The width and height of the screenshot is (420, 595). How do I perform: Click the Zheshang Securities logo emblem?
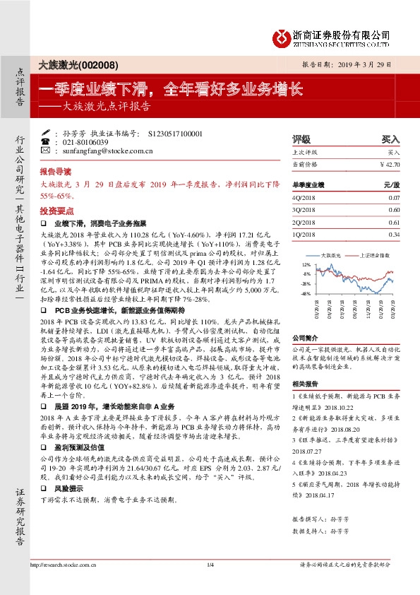pos(282,36)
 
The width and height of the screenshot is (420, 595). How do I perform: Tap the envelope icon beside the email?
pos(45,150)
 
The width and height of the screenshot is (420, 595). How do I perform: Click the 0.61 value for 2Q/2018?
pos(394,222)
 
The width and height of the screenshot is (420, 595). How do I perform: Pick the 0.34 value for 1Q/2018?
pos(394,234)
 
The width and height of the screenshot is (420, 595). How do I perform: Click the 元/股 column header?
pos(392,184)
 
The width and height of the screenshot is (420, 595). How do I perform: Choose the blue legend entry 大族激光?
pos(330,254)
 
